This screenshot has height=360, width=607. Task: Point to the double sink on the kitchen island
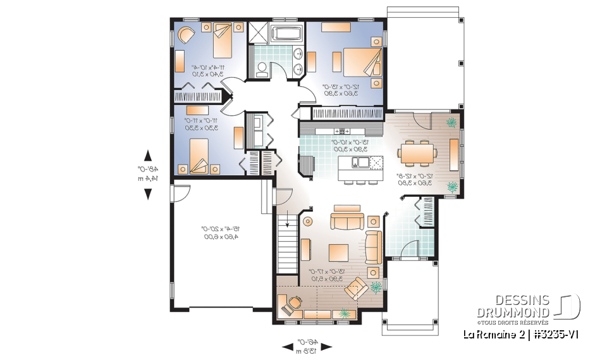(x=355, y=163)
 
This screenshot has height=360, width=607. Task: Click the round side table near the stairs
(x=309, y=222)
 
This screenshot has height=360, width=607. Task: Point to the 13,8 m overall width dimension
(x=307, y=349)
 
